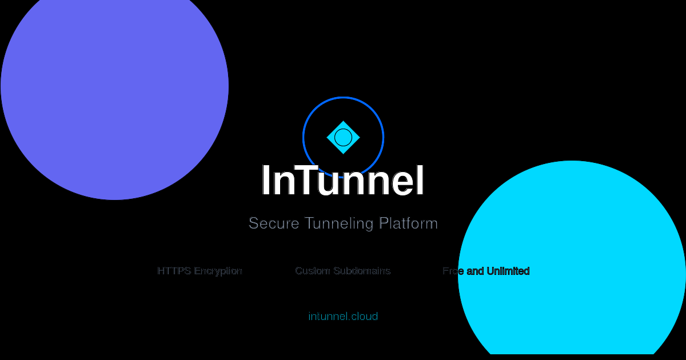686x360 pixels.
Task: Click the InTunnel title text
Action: (343, 181)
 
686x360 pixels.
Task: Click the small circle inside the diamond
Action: (343, 137)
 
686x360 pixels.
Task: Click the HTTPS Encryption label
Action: (200, 271)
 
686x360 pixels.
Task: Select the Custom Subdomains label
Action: (343, 271)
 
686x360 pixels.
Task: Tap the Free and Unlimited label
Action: (486, 271)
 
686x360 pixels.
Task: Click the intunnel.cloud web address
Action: (343, 317)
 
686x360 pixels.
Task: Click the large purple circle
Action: (114, 86)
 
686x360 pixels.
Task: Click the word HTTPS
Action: (174, 271)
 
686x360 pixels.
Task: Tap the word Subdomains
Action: (362, 271)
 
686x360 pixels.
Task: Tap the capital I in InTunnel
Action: (266, 181)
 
